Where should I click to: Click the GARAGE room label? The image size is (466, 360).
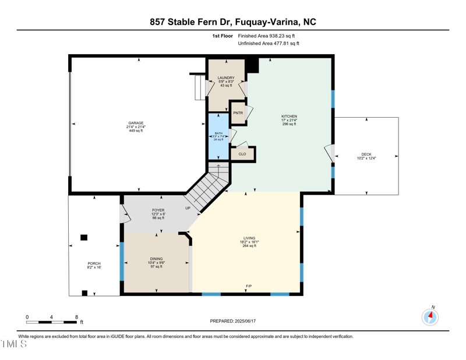[136, 123]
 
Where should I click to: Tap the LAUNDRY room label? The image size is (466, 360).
[225, 77]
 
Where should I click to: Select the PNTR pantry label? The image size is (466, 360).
[238, 113]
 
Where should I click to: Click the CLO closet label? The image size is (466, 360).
[242, 154]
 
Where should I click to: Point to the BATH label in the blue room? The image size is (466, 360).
[218, 133]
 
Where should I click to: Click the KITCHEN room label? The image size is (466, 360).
[289, 117]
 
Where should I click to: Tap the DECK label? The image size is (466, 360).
[366, 154]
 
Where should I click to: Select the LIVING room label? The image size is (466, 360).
[250, 238]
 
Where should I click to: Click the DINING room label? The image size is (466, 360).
[156, 259]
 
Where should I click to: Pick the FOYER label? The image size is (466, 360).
[158, 210]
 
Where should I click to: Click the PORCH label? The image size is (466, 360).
[94, 263]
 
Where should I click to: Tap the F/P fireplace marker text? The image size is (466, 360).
[249, 287]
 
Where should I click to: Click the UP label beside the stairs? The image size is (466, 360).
[188, 208]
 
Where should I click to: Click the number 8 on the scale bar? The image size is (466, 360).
[76, 317]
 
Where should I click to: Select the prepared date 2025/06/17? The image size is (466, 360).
[245, 321]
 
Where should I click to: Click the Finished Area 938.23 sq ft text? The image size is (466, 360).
[270, 36]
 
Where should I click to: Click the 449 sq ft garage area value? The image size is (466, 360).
[136, 130]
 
